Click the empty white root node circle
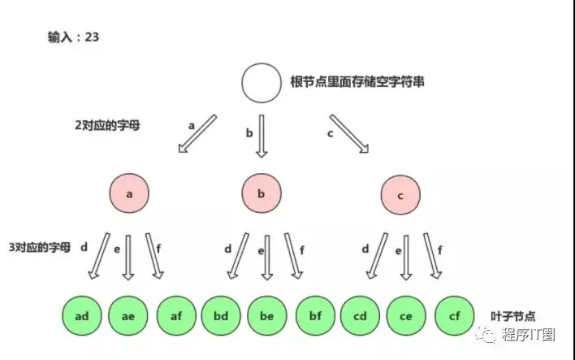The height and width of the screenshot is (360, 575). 262,83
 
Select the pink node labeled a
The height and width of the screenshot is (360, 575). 129,193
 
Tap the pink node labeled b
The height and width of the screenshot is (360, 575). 262,193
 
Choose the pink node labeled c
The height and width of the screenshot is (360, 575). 400,195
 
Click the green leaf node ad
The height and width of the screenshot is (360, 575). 82,315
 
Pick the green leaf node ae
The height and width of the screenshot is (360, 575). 128,315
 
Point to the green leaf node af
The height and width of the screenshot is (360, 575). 176,315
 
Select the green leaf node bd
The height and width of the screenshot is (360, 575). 221,315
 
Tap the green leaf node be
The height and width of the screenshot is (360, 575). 267,315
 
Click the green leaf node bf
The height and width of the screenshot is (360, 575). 315,315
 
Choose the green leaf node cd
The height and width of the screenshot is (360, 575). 360,315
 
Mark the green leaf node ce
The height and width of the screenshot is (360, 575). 406,315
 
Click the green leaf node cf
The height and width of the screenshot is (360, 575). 454,315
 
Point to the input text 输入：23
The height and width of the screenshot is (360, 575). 73,37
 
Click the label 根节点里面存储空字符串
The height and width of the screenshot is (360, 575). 357,81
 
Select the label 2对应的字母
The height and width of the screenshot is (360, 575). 107,125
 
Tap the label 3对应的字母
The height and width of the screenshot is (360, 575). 40,247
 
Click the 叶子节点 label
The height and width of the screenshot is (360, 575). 513,316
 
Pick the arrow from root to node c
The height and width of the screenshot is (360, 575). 349,133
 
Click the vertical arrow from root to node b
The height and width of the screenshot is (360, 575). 262,137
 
